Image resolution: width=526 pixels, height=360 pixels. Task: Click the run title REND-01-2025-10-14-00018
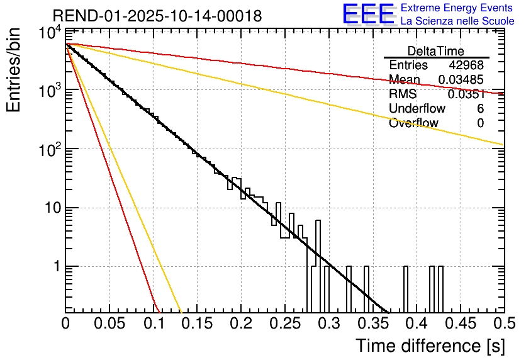[x=157, y=16]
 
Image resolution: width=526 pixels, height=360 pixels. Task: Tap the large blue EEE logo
[x=367, y=15]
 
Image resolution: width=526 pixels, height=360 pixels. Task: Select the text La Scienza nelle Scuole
[x=458, y=21]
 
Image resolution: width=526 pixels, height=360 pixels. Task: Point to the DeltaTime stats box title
[x=436, y=51]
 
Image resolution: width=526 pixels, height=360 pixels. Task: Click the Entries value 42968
[x=466, y=65]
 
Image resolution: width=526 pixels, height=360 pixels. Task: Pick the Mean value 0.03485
[x=461, y=80]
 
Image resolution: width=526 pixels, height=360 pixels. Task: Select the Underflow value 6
[x=480, y=109]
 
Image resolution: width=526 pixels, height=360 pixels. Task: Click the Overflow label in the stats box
[x=413, y=123]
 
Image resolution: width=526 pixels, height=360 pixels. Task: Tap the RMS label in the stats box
[x=403, y=94]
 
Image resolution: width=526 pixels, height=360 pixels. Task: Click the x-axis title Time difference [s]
[x=430, y=346]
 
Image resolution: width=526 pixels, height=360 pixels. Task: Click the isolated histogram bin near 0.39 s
[x=405, y=290]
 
